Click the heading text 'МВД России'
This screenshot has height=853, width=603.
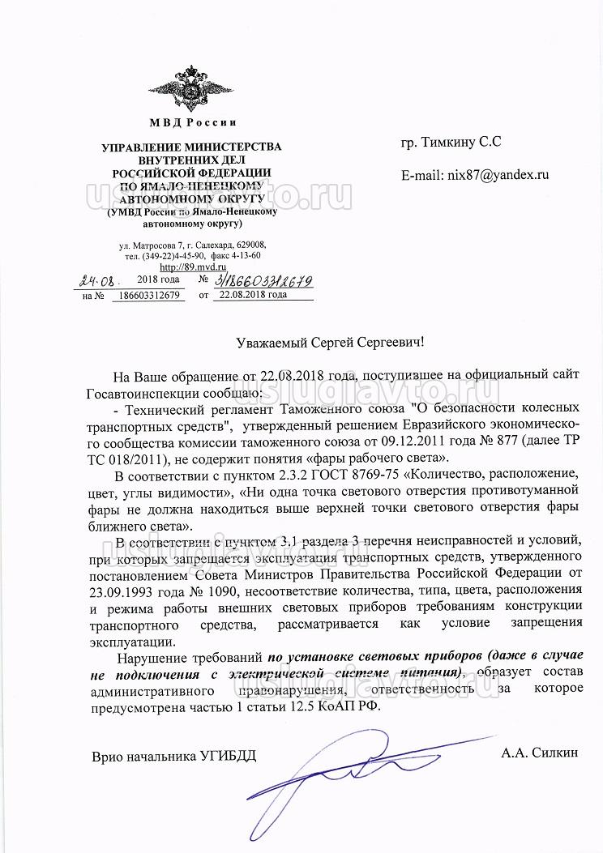point(192,123)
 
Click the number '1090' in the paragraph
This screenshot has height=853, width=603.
point(207,590)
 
